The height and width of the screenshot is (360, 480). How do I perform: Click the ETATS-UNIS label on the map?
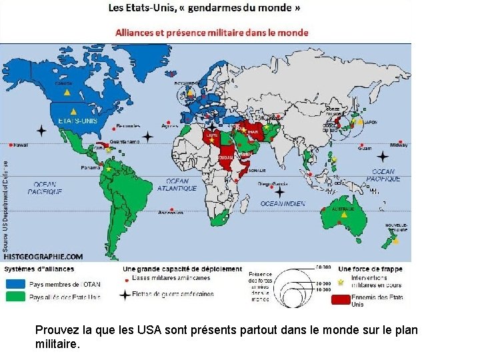coord(76,121)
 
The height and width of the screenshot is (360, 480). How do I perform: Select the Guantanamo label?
coord(125,141)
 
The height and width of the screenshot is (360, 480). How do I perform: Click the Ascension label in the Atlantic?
coord(171,213)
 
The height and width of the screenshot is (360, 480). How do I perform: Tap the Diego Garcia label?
coord(273,184)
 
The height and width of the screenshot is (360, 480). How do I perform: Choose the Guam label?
coord(365,149)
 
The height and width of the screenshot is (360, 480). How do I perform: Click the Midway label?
coord(399,145)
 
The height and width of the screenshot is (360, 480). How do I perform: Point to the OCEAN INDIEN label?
coord(283,203)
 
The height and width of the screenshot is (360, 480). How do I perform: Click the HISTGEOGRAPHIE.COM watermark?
coord(43,256)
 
